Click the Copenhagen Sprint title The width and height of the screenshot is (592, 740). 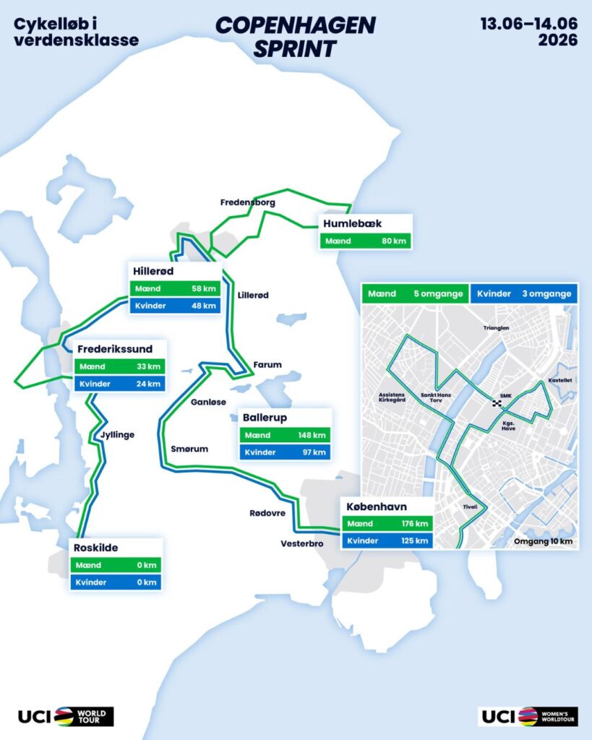coord(296,36)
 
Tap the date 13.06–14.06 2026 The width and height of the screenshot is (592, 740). coord(529,31)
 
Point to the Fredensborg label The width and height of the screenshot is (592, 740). coord(248,202)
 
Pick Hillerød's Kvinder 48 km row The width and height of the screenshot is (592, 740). coord(174,306)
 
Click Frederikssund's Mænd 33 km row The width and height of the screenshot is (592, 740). coord(119,366)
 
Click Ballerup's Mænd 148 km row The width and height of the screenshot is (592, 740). coord(285,435)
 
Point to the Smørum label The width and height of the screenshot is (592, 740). coord(189,449)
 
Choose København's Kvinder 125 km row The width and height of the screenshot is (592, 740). coord(387,541)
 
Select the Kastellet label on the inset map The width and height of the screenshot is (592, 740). coord(560,379)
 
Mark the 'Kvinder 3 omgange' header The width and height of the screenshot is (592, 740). coord(523,293)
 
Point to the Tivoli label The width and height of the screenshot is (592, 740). coord(470,507)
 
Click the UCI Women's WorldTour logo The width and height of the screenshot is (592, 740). coord(528,716)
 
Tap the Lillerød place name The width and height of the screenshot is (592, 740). coord(253,295)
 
